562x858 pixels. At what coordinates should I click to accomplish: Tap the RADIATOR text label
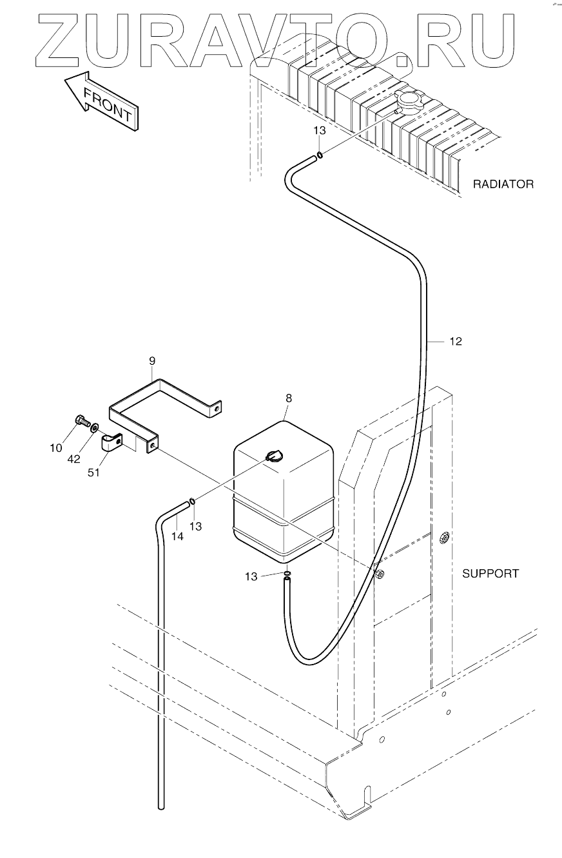pyautogui.click(x=503, y=184)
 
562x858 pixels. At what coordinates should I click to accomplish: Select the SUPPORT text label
pyautogui.click(x=490, y=573)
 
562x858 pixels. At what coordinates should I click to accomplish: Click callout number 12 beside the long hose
pyautogui.click(x=456, y=342)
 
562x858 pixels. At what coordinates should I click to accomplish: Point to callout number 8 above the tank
pyautogui.click(x=289, y=398)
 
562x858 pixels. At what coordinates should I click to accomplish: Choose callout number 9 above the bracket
pyautogui.click(x=152, y=360)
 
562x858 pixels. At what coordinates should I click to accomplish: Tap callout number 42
pyautogui.click(x=75, y=460)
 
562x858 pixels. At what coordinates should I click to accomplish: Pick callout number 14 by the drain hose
pyautogui.click(x=177, y=536)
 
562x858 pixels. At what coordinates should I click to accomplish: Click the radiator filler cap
pyautogui.click(x=409, y=101)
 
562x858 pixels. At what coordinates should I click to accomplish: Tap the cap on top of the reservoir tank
pyautogui.click(x=273, y=456)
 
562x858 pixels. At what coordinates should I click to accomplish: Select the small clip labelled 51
pyautogui.click(x=112, y=443)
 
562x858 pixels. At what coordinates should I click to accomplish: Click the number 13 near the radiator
pyautogui.click(x=320, y=130)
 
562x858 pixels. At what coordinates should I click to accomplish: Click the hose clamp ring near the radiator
pyautogui.click(x=318, y=155)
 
